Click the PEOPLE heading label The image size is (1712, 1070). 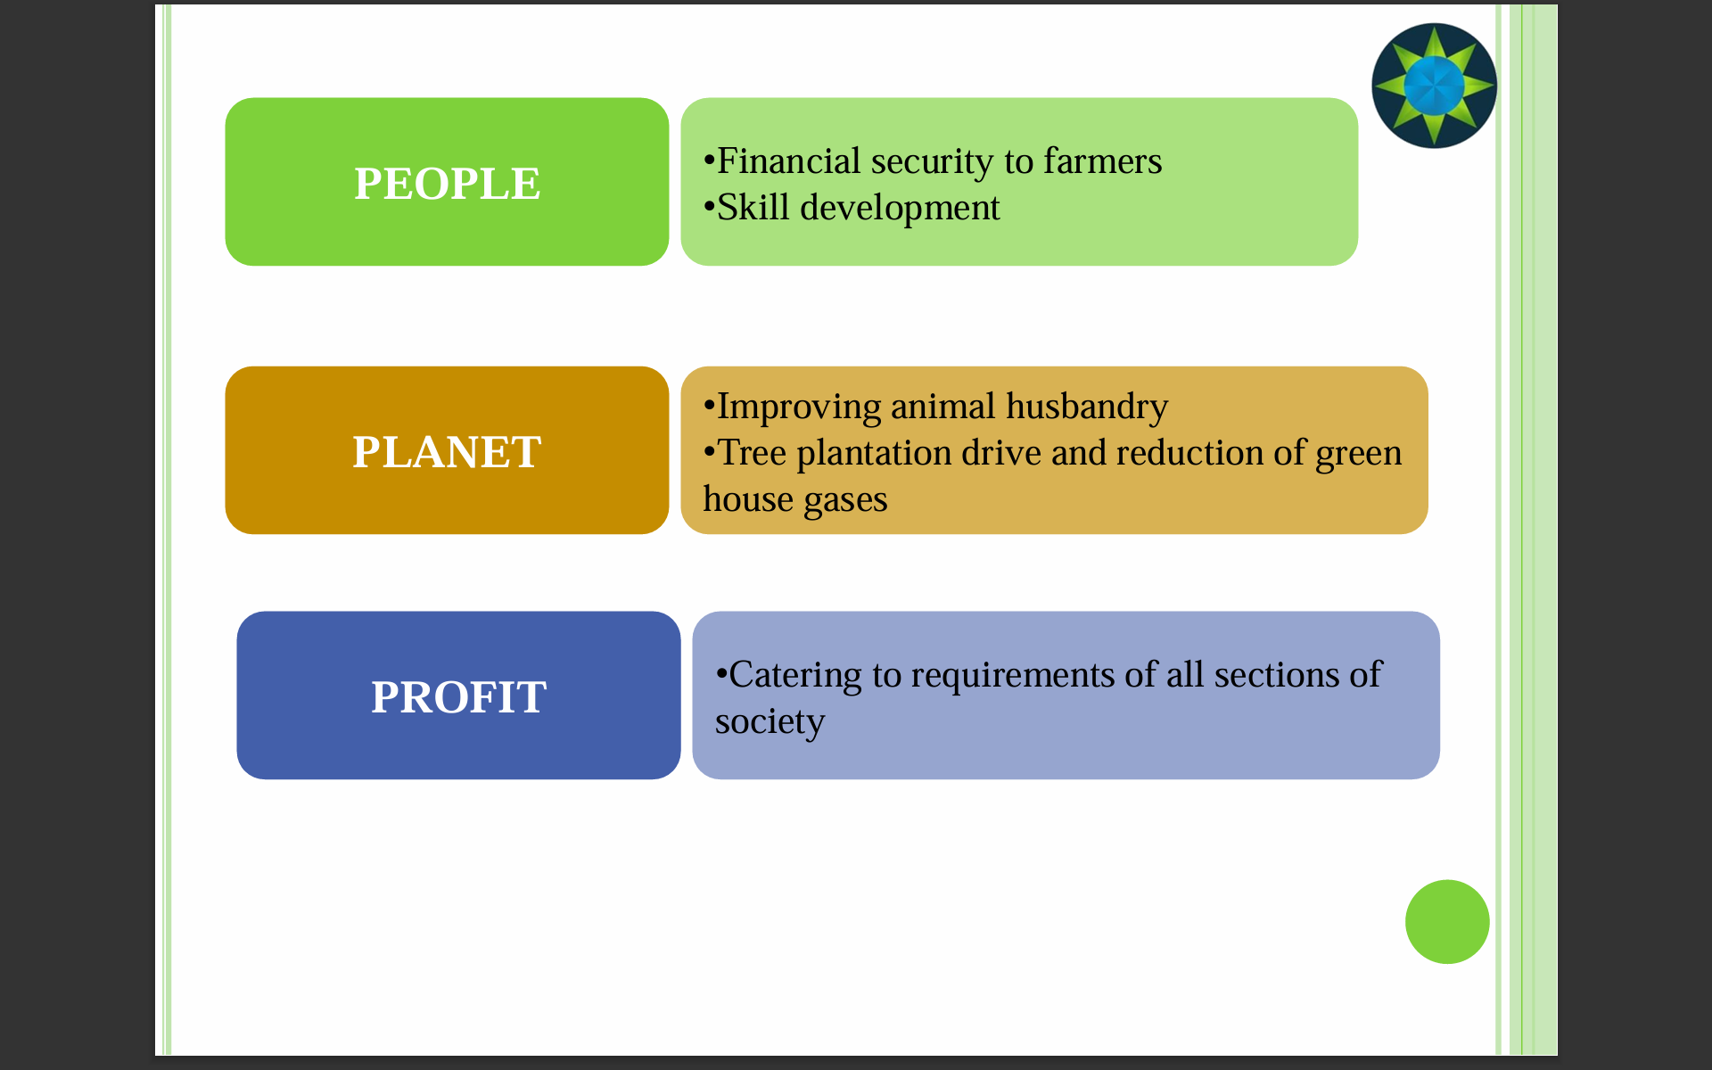pos(447,184)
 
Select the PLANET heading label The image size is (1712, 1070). pos(447,452)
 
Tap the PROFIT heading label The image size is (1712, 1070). pos(458,696)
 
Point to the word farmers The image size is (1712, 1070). pos(1103,161)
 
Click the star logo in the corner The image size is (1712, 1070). pos(1434,86)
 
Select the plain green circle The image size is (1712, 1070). pos(1447,922)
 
